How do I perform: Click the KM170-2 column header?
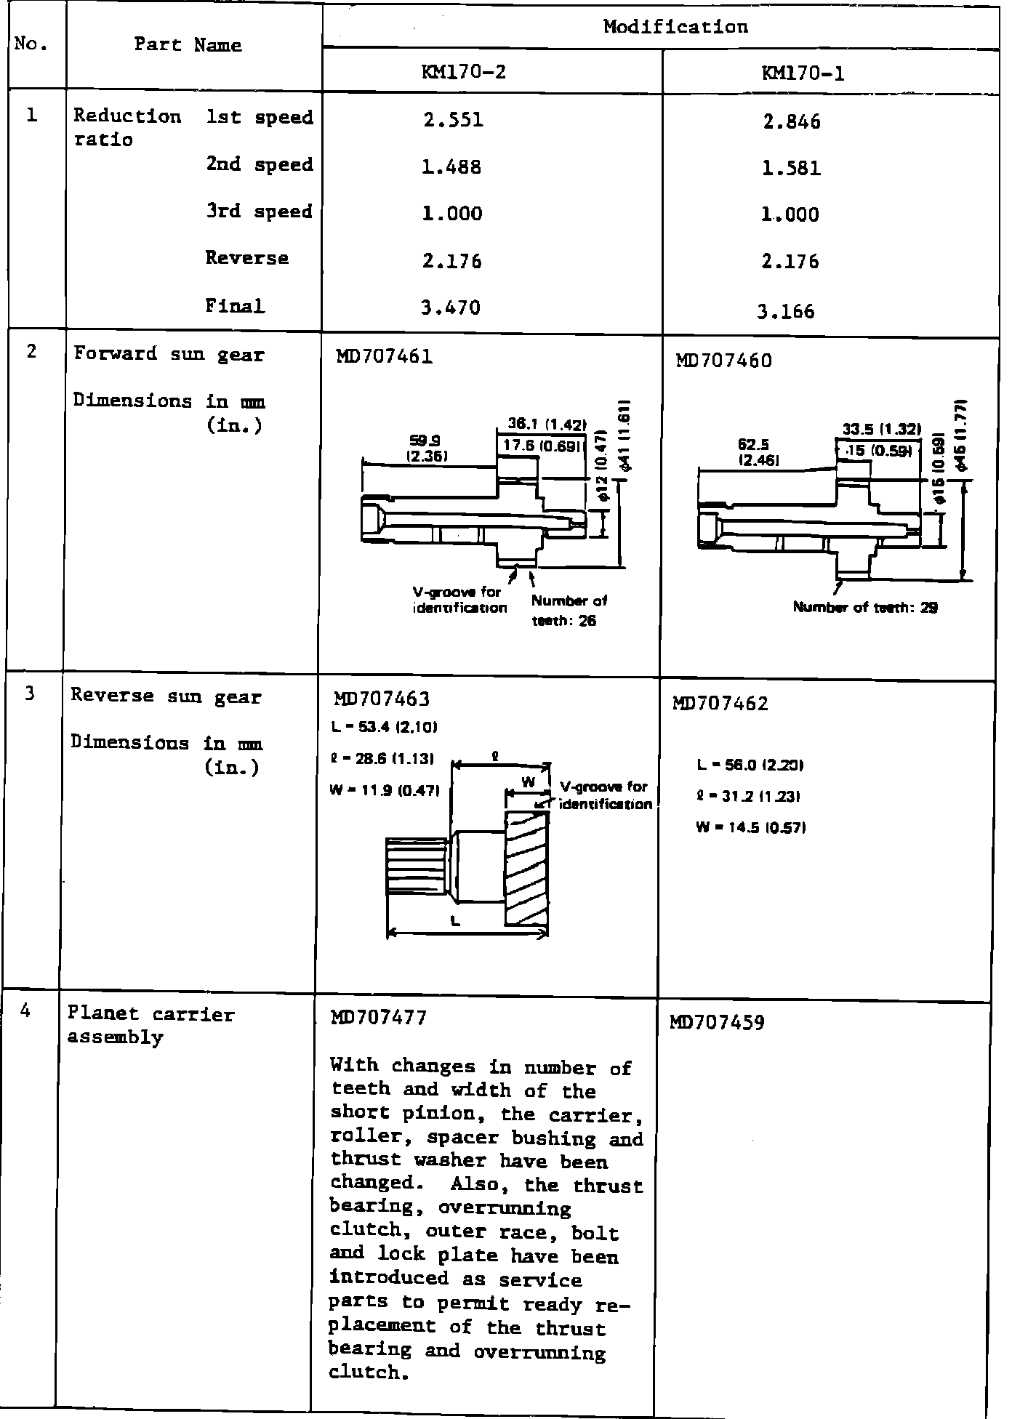463,73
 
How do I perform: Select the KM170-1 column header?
803,73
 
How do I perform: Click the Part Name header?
188,45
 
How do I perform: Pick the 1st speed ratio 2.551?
453,120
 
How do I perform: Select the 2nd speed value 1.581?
792,169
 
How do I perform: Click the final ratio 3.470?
451,307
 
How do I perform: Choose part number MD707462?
721,704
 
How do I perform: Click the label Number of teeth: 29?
865,608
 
